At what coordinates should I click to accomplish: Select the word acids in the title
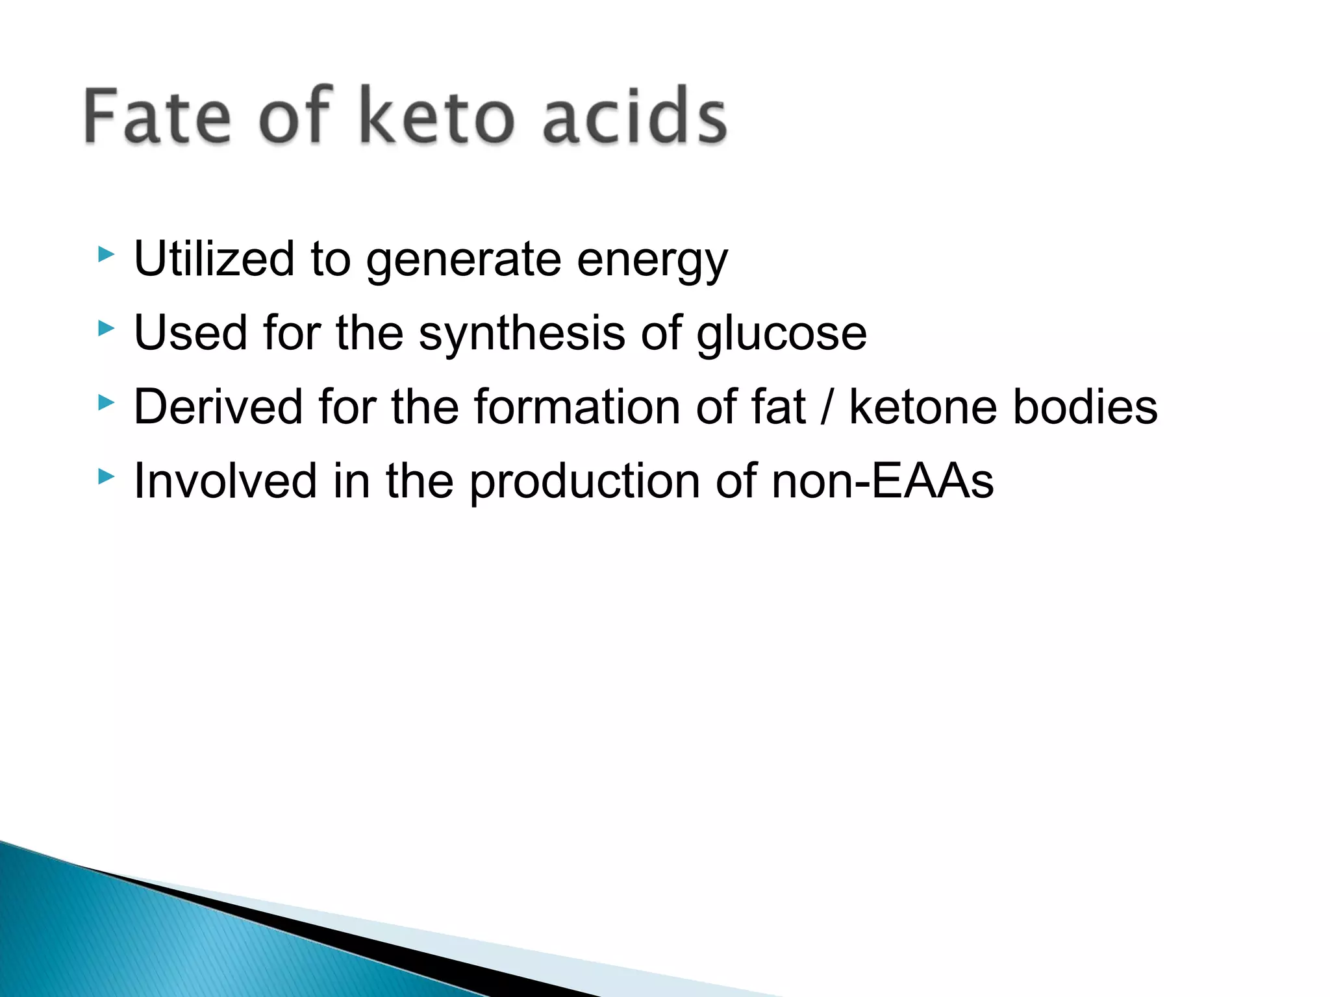[x=634, y=117]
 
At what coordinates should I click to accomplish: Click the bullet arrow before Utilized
[x=106, y=254]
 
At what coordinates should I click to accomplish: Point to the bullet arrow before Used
[x=106, y=328]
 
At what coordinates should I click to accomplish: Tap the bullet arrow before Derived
[x=106, y=403]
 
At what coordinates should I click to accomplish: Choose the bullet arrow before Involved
[x=106, y=478]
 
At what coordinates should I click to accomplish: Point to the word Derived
[x=218, y=407]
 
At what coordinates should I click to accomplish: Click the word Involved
[x=225, y=481]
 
